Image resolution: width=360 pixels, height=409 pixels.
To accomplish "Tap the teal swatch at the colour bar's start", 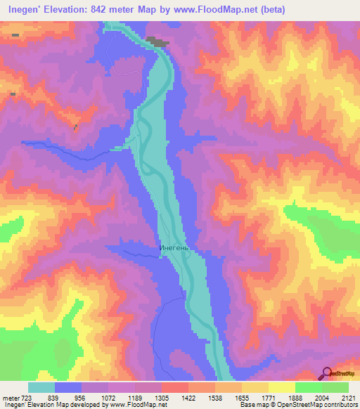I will [41, 387].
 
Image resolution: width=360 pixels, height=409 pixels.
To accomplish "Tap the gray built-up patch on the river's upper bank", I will [159, 42].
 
